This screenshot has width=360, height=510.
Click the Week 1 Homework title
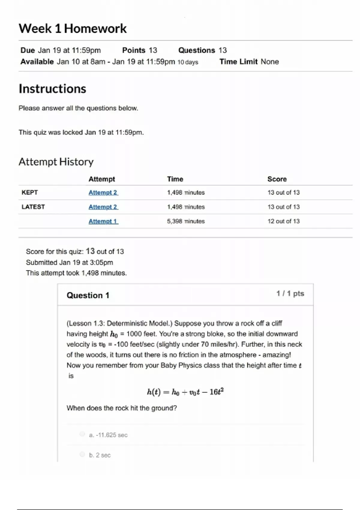pyautogui.click(x=73, y=28)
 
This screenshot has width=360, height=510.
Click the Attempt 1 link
pyautogui.click(x=103, y=221)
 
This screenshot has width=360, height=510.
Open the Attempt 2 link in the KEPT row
pyautogui.click(x=103, y=193)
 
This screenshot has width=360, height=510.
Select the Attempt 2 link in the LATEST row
pyautogui.click(x=103, y=207)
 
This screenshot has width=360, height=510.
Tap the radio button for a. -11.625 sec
pyautogui.click(x=82, y=434)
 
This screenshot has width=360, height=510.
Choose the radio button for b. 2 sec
pyautogui.click(x=82, y=454)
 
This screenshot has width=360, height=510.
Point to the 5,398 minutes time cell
pyautogui.click(x=186, y=221)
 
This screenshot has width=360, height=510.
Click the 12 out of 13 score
pyautogui.click(x=283, y=221)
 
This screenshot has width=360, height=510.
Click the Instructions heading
pyautogui.click(x=52, y=89)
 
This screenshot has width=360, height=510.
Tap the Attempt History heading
pyautogui.click(x=56, y=162)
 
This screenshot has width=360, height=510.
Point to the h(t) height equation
pyautogui.click(x=185, y=392)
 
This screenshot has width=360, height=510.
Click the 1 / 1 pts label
pyautogui.click(x=290, y=293)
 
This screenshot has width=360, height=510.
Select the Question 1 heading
pyautogui.click(x=88, y=295)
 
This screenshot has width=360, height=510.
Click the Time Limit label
pyautogui.click(x=238, y=62)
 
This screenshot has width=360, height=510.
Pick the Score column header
pyautogui.click(x=277, y=179)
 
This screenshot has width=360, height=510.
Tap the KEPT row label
pyautogui.click(x=30, y=193)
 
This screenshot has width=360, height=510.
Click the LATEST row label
pyautogui.click(x=33, y=207)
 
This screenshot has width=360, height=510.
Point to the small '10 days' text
pyautogui.click(x=188, y=62)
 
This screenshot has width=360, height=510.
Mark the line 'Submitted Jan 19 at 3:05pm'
pyautogui.click(x=70, y=262)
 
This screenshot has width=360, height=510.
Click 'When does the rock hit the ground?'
pyautogui.click(x=122, y=408)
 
